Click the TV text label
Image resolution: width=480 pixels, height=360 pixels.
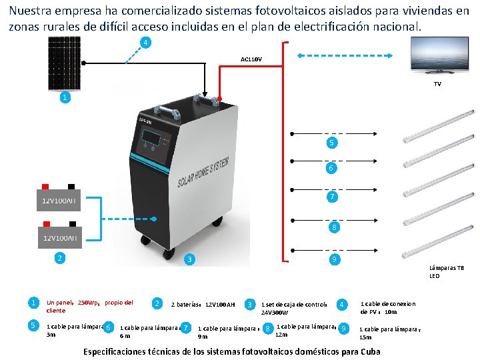[437, 84]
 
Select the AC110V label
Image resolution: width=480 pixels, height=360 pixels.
[251, 59]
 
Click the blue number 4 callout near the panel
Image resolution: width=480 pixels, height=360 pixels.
[145, 43]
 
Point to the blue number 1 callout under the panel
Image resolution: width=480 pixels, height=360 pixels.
[64, 97]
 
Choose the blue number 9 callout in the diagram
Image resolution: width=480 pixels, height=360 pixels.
[333, 259]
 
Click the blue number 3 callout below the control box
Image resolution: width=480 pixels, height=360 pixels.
[189, 259]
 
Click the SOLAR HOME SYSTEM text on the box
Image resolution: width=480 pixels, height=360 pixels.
[204, 171]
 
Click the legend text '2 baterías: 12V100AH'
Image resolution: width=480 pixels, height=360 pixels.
[203, 305]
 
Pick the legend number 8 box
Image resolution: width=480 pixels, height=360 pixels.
[267, 329]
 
